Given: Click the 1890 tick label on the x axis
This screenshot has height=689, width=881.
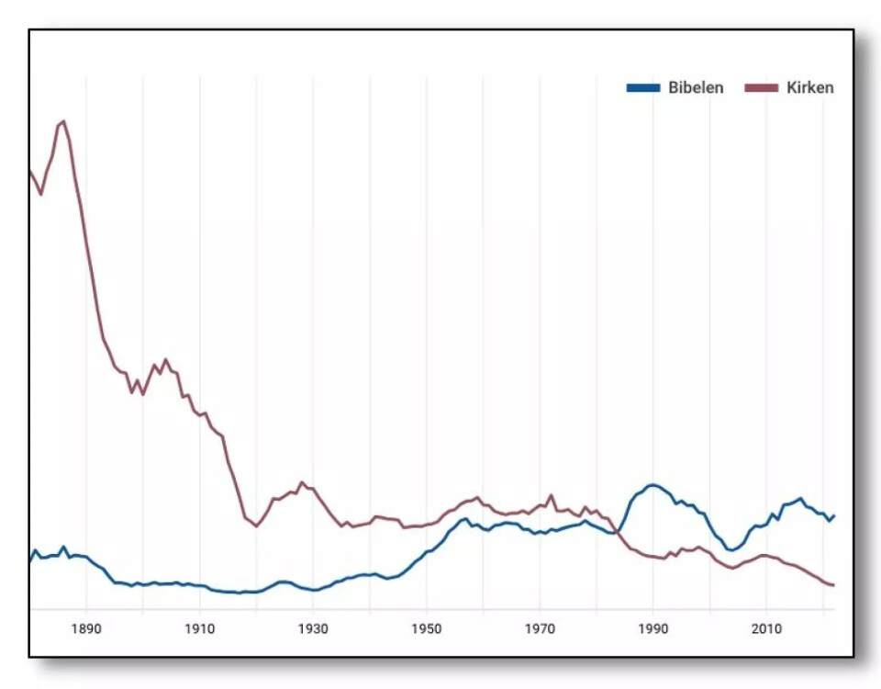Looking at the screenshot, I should [x=86, y=629].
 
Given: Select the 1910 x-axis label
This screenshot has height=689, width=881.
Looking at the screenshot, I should [x=200, y=629].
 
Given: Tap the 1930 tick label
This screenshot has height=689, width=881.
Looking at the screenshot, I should [x=313, y=629].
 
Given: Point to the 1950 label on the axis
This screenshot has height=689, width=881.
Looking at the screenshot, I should [x=427, y=629].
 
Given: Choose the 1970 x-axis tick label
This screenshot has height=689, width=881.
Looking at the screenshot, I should [x=540, y=629].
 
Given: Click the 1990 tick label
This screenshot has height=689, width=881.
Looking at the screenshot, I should [x=653, y=629].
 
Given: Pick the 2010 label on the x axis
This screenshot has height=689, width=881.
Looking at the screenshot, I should [x=766, y=629].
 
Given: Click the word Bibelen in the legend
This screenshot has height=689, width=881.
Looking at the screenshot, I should [x=695, y=88].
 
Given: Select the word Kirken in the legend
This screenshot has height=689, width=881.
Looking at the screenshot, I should [x=810, y=88].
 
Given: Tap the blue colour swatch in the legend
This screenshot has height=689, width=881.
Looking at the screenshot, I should [x=643, y=88].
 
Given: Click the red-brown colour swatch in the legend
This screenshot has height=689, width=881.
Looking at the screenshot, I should [x=762, y=88].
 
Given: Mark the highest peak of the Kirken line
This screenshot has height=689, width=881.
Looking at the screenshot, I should [x=62, y=121].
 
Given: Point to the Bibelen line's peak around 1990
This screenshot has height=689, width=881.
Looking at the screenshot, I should [x=652, y=485].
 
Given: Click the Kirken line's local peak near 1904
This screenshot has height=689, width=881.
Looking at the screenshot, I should [x=165, y=360].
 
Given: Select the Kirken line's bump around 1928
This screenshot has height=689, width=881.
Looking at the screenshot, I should [x=301, y=482].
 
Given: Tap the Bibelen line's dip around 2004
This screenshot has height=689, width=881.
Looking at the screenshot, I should [x=731, y=550].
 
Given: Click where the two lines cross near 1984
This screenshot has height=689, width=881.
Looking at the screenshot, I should [x=618, y=531].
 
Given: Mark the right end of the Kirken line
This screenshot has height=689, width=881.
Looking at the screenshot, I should [x=833, y=585].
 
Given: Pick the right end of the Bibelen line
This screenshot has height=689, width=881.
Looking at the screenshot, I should [x=833, y=515].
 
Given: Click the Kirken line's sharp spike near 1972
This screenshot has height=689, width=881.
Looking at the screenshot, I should [x=552, y=496].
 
